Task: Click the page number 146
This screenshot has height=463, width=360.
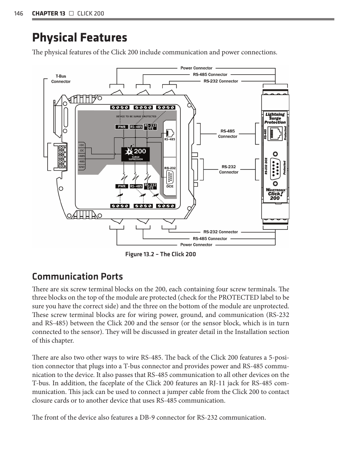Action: pyautogui.click(x=18, y=14)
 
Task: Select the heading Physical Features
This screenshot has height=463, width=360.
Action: pyautogui.click(x=80, y=38)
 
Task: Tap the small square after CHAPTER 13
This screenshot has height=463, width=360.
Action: pyautogui.click(x=71, y=14)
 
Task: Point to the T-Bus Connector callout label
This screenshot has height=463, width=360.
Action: pyautogui.click(x=61, y=79)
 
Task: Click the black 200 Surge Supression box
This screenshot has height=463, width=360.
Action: pyautogui.click(x=135, y=154)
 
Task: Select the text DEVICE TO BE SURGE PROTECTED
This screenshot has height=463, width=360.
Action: pyautogui.click(x=136, y=117)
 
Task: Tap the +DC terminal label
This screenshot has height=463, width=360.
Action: pyautogui.click(x=82, y=145)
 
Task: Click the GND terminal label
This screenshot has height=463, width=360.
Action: pyautogui.click(x=82, y=167)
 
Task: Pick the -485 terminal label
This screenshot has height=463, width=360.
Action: pyautogui.click(x=82, y=162)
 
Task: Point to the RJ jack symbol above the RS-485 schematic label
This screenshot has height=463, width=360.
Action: pyautogui.click(x=170, y=133)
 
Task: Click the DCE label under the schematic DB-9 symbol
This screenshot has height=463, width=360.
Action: pyautogui.click(x=170, y=186)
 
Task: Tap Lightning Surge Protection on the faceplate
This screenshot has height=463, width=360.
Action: pyautogui.click(x=275, y=118)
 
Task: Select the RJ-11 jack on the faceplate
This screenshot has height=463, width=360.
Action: pyautogui.click(x=275, y=134)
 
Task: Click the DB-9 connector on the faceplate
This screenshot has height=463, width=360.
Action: pyautogui.click(x=275, y=169)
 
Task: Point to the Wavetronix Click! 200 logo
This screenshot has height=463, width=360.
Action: pyautogui.click(x=275, y=194)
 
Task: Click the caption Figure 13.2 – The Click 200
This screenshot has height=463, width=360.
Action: pyautogui.click(x=160, y=254)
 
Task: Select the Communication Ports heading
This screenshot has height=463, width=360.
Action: pyautogui.click(x=77, y=277)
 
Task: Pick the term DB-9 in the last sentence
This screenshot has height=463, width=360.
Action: pyautogui.click(x=147, y=417)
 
